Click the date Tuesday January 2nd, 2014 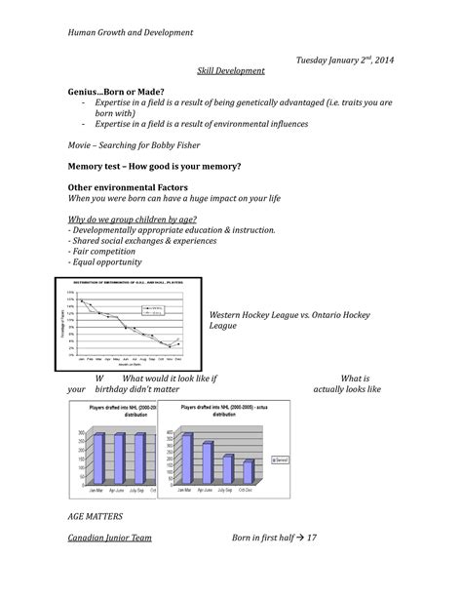(346, 61)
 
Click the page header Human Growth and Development (131, 32)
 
